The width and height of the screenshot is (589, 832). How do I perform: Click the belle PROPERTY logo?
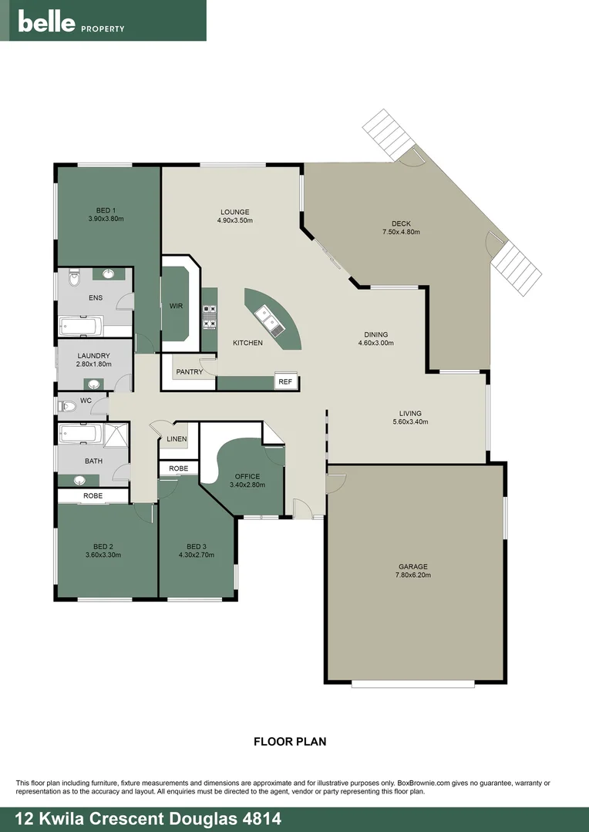pyautogui.click(x=71, y=23)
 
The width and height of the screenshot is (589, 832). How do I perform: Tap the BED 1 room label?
pyautogui.click(x=106, y=210)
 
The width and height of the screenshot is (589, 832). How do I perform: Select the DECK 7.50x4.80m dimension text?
pyautogui.click(x=401, y=232)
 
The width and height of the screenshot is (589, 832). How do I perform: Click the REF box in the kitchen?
pyautogui.click(x=285, y=381)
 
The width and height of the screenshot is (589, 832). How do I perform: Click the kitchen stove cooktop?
pyautogui.click(x=208, y=317)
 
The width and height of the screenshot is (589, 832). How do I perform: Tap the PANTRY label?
pyautogui.click(x=190, y=372)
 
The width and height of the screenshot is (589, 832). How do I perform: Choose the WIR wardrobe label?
pyautogui.click(x=176, y=306)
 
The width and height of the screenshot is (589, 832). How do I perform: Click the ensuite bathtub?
pyautogui.click(x=79, y=327)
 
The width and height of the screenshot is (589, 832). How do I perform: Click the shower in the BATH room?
pyautogui.click(x=116, y=435)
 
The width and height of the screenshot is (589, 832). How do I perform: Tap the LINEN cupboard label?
pyautogui.click(x=177, y=439)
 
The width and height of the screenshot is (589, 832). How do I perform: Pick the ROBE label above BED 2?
pyautogui.click(x=93, y=496)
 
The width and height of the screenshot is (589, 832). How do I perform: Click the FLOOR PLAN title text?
pyautogui.click(x=290, y=742)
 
